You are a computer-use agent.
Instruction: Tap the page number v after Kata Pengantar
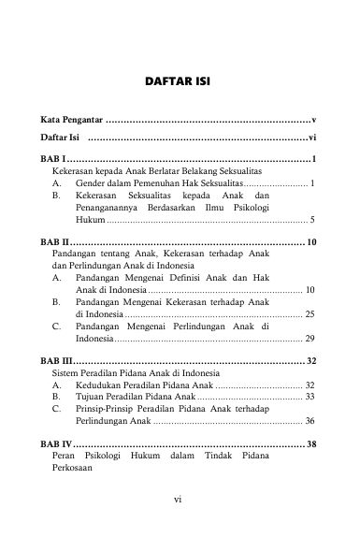[315, 122]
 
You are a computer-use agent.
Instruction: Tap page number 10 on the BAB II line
[312, 242]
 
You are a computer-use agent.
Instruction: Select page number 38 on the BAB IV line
[312, 443]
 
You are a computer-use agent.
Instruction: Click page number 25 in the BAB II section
[310, 313]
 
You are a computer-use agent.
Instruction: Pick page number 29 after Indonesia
[310, 338]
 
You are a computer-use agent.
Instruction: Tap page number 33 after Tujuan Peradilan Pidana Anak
[310, 397]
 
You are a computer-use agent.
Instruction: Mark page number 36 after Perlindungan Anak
[310, 421]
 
